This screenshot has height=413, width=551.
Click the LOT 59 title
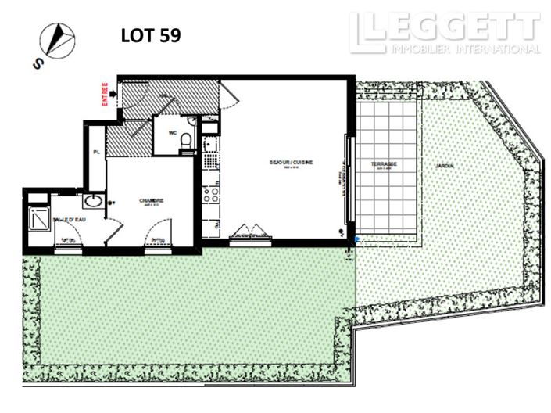[x=151, y=36]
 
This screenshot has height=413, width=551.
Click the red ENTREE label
[x=103, y=92]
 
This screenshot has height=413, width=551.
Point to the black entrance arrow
[x=114, y=94]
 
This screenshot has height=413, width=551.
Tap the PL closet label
[x=95, y=153]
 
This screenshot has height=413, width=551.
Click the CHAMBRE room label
[x=150, y=201]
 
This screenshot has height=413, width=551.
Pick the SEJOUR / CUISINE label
[x=291, y=163]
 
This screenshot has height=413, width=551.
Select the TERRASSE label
[x=384, y=164]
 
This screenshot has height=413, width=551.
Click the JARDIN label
[x=445, y=165]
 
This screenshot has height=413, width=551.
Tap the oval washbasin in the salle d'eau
[x=92, y=201]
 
